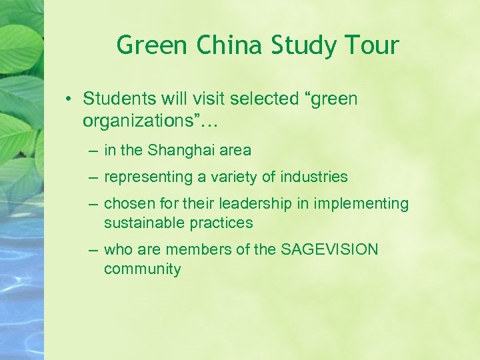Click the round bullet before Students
tap(69, 100)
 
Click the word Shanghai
tap(179, 151)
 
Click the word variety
tap(235, 177)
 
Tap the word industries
tap(314, 177)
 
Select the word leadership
tap(233, 203)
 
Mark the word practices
tap(219, 223)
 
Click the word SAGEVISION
tap(329, 249)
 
